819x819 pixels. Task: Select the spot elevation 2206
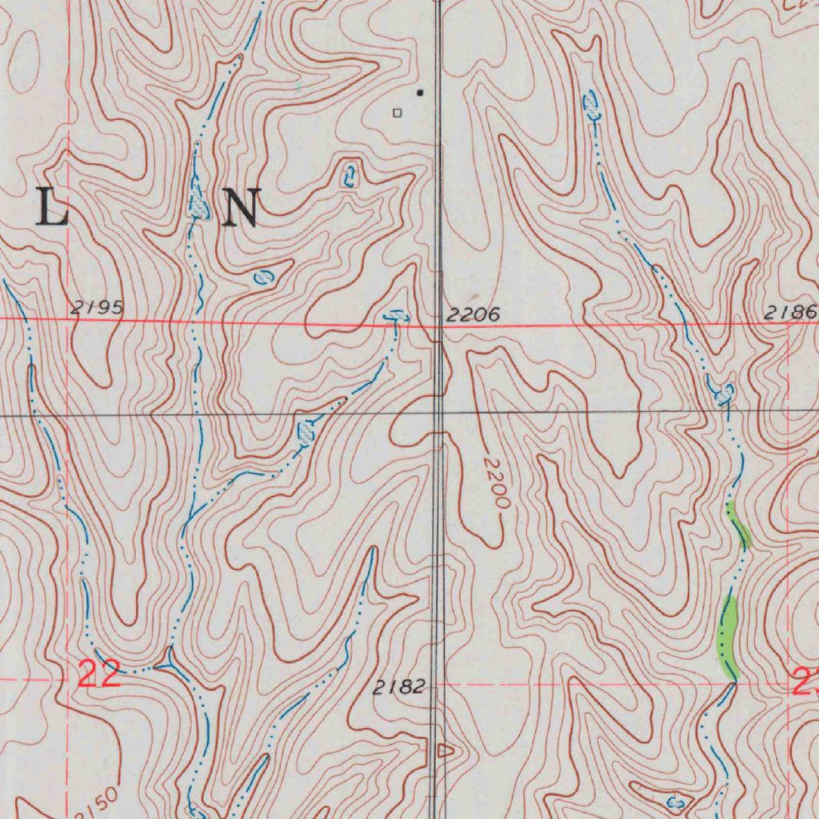(x=473, y=315)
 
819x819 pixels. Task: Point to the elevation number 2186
(x=789, y=313)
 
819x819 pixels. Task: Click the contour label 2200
(x=496, y=484)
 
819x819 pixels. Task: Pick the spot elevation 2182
(x=399, y=687)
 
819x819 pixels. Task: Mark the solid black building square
(x=420, y=93)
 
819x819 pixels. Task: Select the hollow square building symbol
(x=397, y=113)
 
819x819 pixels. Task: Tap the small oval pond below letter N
(x=262, y=278)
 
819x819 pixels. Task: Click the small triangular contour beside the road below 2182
(x=445, y=750)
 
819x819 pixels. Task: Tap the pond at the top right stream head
(x=592, y=104)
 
